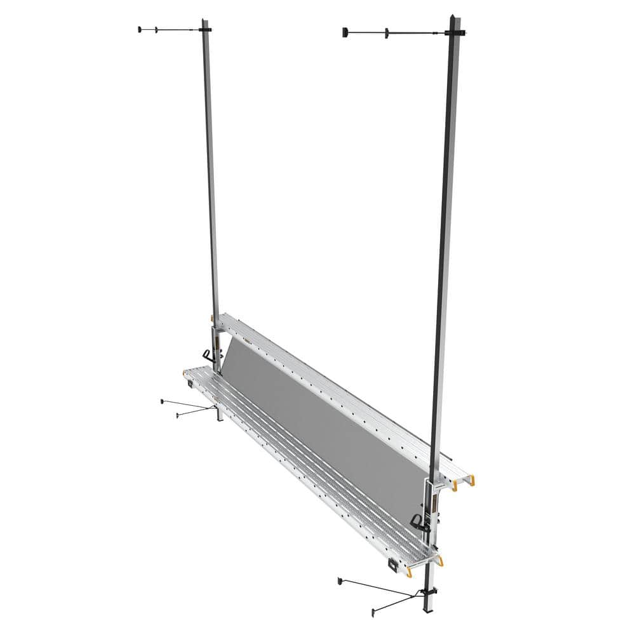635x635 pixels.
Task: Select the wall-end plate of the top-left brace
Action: [139, 29]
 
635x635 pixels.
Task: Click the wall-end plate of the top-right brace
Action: [345, 32]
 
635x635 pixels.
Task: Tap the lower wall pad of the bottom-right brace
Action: [374, 613]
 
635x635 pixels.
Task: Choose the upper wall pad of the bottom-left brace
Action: [163, 401]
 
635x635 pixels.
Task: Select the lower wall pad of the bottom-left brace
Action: [178, 415]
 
